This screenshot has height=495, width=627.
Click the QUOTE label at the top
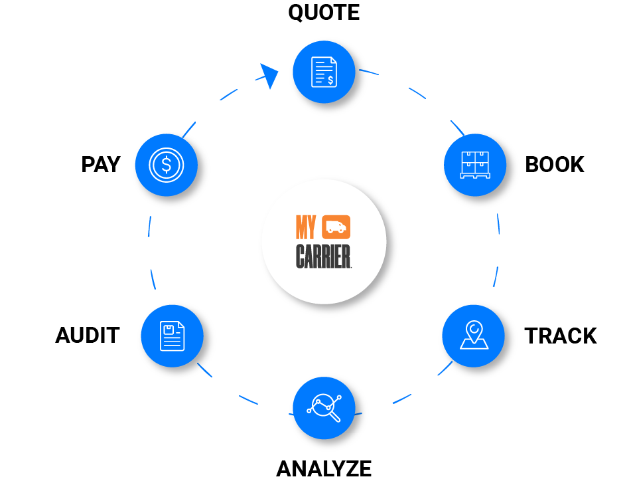[324, 13]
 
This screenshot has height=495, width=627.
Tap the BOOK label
[554, 165]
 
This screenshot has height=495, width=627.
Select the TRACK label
[560, 336]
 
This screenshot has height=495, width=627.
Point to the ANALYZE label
[324, 469]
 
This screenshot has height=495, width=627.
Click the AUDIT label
[87, 336]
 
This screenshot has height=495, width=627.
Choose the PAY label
[101, 165]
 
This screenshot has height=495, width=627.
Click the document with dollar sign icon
[324, 71]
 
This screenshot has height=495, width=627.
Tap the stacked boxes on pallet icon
[474, 164]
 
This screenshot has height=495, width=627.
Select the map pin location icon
[474, 336]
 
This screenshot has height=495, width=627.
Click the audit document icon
[172, 336]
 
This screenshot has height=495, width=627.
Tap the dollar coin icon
[166, 164]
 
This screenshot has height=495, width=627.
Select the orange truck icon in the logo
[336, 227]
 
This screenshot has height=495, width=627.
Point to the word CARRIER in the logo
[323, 256]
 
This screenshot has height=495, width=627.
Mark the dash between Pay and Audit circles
[150, 227]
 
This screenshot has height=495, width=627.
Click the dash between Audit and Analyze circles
[248, 399]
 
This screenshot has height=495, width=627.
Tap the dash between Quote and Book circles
[417, 92]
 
